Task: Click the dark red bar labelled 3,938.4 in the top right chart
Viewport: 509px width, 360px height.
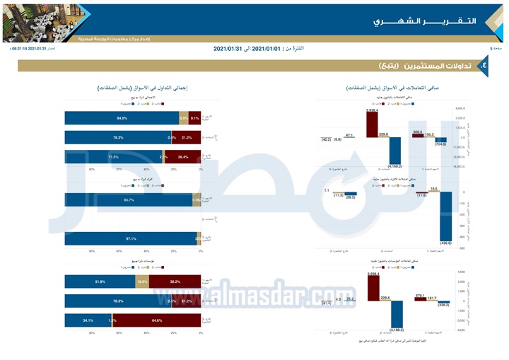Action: pos(372,124)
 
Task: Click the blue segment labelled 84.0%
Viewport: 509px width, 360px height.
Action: pos(122,118)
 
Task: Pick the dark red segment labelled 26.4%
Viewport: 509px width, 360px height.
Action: pos(183,156)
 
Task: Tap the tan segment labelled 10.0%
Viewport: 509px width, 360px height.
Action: pos(143,281)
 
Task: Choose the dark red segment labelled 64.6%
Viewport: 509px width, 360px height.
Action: pos(157,320)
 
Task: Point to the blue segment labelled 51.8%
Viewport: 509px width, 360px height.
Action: pos(100,281)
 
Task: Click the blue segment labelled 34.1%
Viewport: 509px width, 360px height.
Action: pos(87,320)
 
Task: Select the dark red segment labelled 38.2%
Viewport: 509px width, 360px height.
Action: pos(175,281)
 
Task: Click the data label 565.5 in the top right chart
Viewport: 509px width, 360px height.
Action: pos(417,132)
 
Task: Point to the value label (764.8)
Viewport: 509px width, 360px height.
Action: pos(440,144)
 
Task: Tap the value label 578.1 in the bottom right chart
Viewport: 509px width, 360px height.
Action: pos(420,296)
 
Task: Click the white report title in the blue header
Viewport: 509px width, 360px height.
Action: pos(424,21)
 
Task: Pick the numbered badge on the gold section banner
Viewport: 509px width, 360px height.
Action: pos(484,65)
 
